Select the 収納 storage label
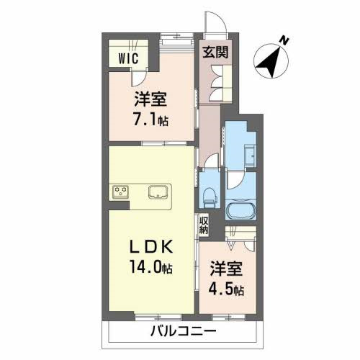(x=204, y=225)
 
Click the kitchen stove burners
(x=119, y=192)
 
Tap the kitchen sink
(x=158, y=192)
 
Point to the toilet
(x=210, y=195)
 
